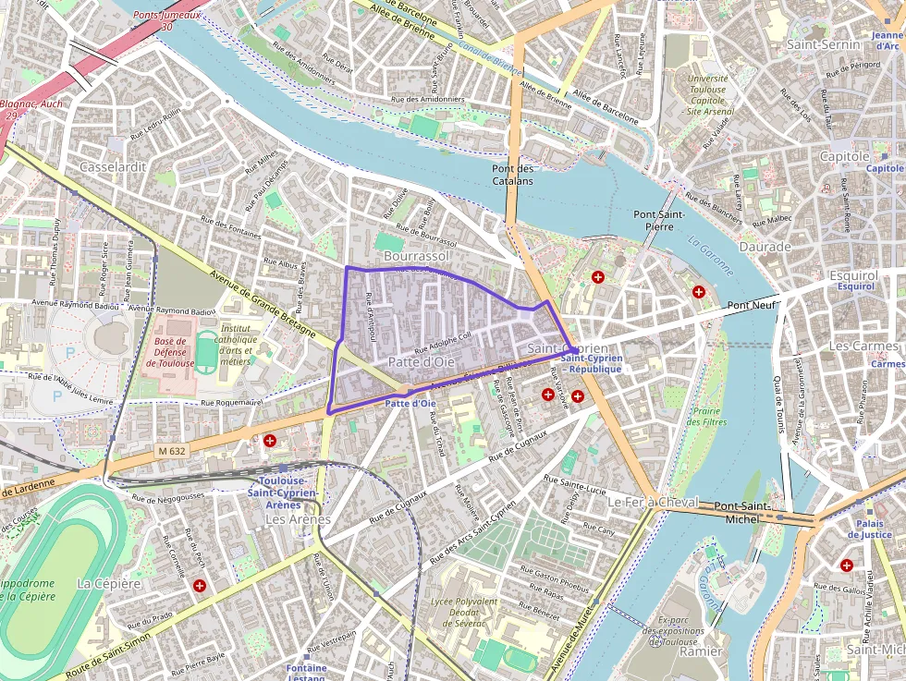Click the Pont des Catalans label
click(x=513, y=175)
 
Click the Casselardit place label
click(x=113, y=167)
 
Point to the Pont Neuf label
click(x=751, y=305)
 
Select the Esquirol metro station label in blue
click(x=855, y=286)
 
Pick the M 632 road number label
click(x=171, y=451)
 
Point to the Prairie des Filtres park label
click(x=706, y=416)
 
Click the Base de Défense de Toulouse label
click(x=170, y=352)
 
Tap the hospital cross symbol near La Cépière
click(x=200, y=585)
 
